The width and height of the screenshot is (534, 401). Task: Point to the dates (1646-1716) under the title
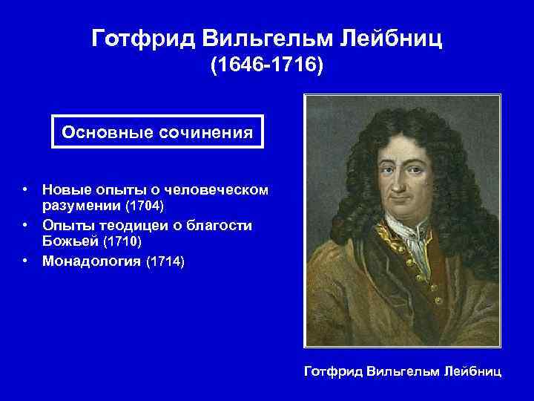(267, 68)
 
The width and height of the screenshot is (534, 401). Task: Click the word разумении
(82, 203)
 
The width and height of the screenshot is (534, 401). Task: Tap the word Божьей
(70, 242)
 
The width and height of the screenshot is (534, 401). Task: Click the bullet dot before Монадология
(25, 261)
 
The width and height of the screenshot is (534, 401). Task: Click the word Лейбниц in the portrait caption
(473, 370)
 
